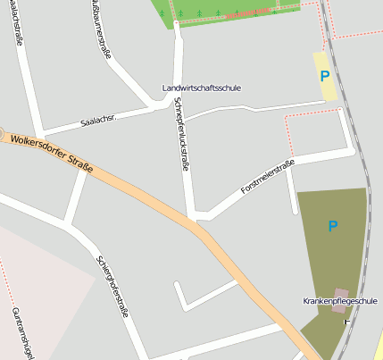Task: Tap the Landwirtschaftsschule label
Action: click(x=202, y=88)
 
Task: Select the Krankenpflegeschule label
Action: click(x=340, y=301)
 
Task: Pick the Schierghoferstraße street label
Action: click(x=112, y=285)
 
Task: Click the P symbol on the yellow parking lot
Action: click(x=324, y=76)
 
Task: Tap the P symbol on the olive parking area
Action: click(x=332, y=227)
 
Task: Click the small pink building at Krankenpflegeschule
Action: click(x=340, y=294)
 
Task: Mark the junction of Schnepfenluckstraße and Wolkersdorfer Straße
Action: click(x=193, y=220)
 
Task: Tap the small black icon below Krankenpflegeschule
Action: click(x=346, y=321)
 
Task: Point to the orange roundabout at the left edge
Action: click(x=2, y=132)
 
